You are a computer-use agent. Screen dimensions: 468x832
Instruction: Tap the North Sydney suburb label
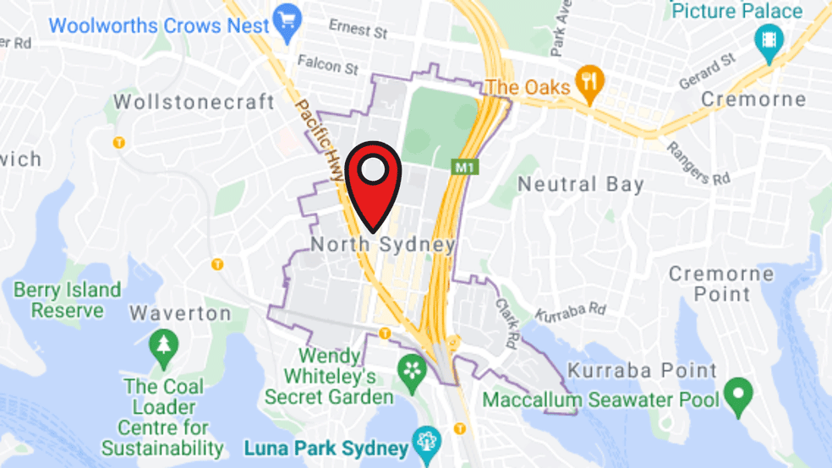(383, 245)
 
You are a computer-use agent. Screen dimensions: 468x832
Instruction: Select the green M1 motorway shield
(464, 167)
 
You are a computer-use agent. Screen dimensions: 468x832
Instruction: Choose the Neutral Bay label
(580, 184)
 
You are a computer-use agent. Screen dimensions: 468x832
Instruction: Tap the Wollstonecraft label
(194, 102)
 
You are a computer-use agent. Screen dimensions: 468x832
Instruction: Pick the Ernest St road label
(359, 30)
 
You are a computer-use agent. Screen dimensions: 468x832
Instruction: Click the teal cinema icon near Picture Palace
(770, 41)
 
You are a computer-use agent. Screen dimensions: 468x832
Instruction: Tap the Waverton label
(180, 313)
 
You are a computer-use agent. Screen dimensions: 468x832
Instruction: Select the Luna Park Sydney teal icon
(423, 443)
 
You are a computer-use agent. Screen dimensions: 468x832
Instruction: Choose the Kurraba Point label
(642, 370)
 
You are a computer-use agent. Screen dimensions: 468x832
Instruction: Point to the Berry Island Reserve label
(68, 300)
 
